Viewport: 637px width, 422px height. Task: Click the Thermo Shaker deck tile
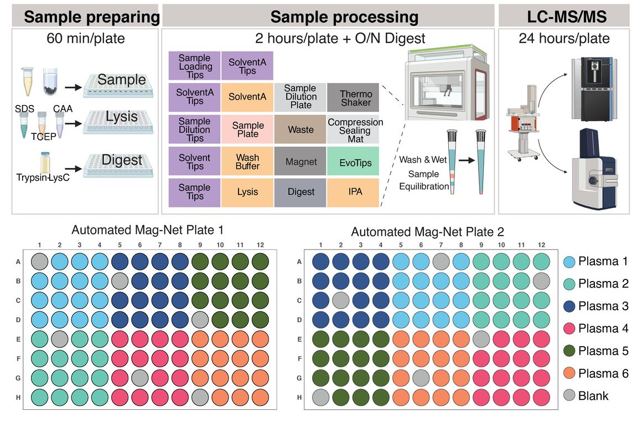pyautogui.click(x=353, y=97)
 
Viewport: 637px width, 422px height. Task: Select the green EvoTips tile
pyautogui.click(x=353, y=161)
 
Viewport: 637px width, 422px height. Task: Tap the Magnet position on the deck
pyautogui.click(x=300, y=161)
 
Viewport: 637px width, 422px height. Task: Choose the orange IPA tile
pyautogui.click(x=353, y=192)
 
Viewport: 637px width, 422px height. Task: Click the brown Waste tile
pyautogui.click(x=300, y=129)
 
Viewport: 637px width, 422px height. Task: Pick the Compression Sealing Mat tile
pyautogui.click(x=353, y=129)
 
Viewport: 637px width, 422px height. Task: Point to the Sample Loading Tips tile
pyautogui.click(x=195, y=65)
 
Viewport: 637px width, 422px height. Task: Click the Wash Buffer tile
pyautogui.click(x=247, y=161)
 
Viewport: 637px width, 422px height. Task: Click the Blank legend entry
pyautogui.click(x=586, y=395)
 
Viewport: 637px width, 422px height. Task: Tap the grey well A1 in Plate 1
pyautogui.click(x=39, y=262)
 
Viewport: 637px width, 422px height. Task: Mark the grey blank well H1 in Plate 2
pyautogui.click(x=320, y=397)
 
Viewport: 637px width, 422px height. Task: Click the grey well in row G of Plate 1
pyautogui.click(x=140, y=378)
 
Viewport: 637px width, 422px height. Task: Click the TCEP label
pyautogui.click(x=44, y=137)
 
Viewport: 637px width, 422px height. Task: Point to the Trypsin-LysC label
pyautogui.click(x=43, y=178)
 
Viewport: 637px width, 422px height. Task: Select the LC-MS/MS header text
pyautogui.click(x=567, y=17)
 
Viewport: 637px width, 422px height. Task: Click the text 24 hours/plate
pyautogui.click(x=564, y=38)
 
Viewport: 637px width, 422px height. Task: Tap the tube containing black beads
pyautogui.click(x=51, y=82)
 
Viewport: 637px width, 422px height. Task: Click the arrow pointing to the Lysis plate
pyautogui.click(x=73, y=123)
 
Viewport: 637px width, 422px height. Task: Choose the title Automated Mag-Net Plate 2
pyautogui.click(x=427, y=232)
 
